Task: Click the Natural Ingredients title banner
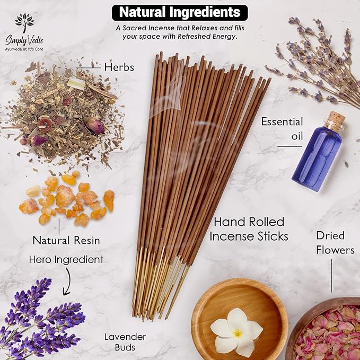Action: pyautogui.click(x=179, y=12)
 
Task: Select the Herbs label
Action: pyautogui.click(x=119, y=67)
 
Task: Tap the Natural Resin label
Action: pyautogui.click(x=66, y=240)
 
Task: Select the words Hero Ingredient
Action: pyautogui.click(x=66, y=260)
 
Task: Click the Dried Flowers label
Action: pyautogui.click(x=335, y=242)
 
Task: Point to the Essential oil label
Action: pyautogui.click(x=282, y=128)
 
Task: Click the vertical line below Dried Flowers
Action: pyautogui.click(x=332, y=276)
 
